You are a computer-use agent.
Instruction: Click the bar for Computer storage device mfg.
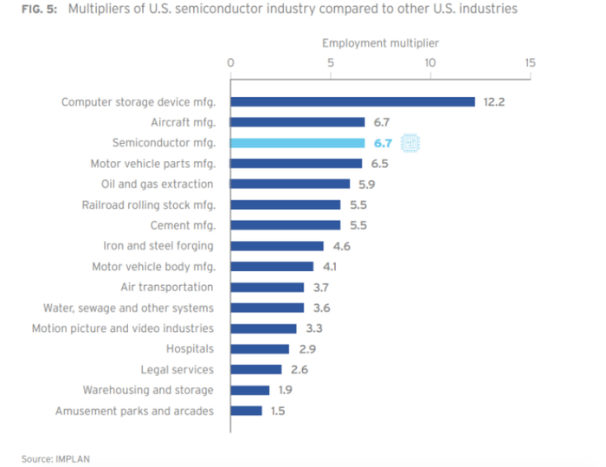352,101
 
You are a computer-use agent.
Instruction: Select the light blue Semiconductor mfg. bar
298,143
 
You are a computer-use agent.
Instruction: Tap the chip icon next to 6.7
410,143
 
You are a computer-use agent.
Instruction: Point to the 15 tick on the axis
529,62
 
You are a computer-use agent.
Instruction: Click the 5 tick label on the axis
330,62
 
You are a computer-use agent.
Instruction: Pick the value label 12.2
493,102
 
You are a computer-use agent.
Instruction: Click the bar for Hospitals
260,349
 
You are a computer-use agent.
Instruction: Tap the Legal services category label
177,370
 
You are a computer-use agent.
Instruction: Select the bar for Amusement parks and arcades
246,411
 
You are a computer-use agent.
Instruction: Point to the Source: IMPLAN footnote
55,457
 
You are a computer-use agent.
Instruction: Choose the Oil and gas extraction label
158,184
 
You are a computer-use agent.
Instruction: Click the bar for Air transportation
268,287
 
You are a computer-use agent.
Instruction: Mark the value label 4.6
341,246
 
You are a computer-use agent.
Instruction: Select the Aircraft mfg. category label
182,122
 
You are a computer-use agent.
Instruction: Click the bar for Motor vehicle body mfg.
272,267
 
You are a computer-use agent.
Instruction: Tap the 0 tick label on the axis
230,62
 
